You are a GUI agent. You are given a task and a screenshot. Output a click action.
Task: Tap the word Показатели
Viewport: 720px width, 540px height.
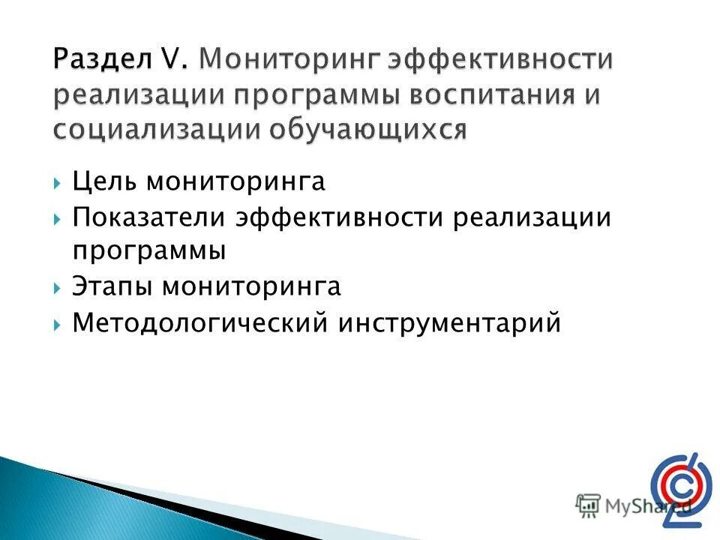[149, 218]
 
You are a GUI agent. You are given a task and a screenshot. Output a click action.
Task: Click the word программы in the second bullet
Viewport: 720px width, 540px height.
[149, 251]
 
